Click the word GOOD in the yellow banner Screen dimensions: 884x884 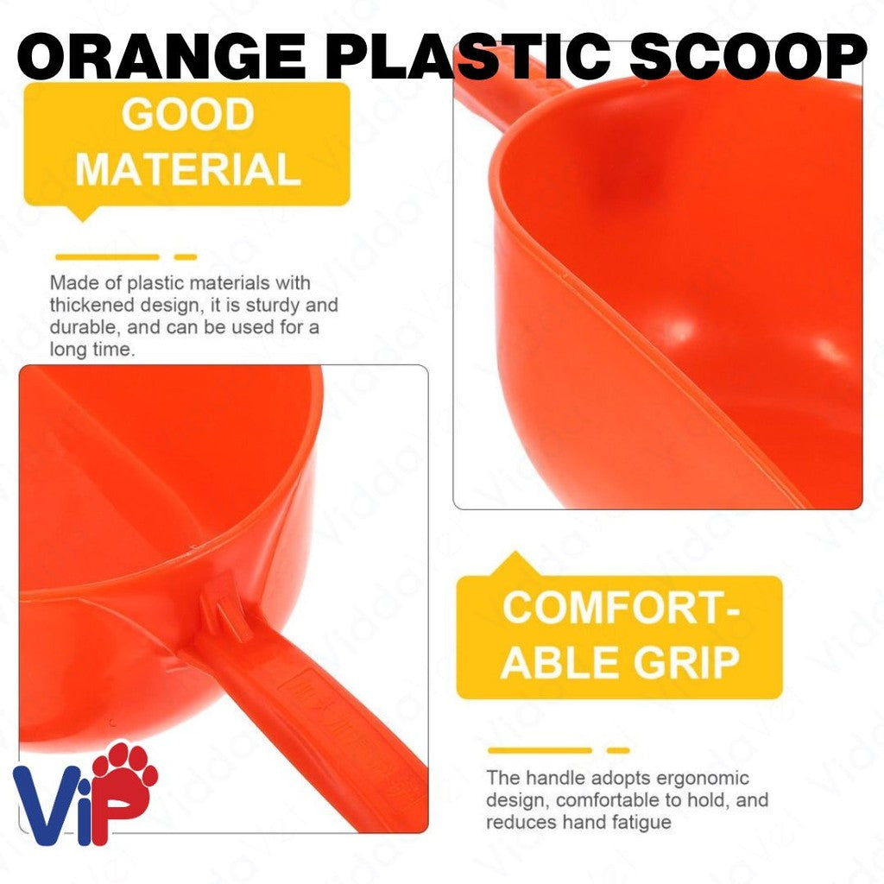pos(187,115)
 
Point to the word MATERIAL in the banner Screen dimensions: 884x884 pos(187,169)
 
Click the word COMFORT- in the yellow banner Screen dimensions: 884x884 pos(621,608)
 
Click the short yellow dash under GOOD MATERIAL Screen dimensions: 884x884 pos(186,256)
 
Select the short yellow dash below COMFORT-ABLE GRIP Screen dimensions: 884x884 pos(618,750)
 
